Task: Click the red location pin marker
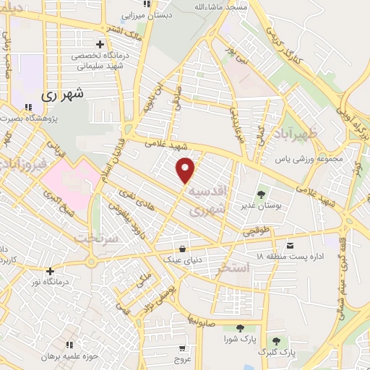pyautogui.click(x=187, y=169)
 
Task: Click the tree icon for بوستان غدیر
pyautogui.click(x=261, y=194)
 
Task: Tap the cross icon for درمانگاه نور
pyautogui.click(x=49, y=271)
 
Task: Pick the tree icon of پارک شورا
pyautogui.click(x=239, y=327)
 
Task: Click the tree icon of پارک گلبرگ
pyautogui.click(x=276, y=340)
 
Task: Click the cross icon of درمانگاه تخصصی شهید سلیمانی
pyautogui.click(x=100, y=44)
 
